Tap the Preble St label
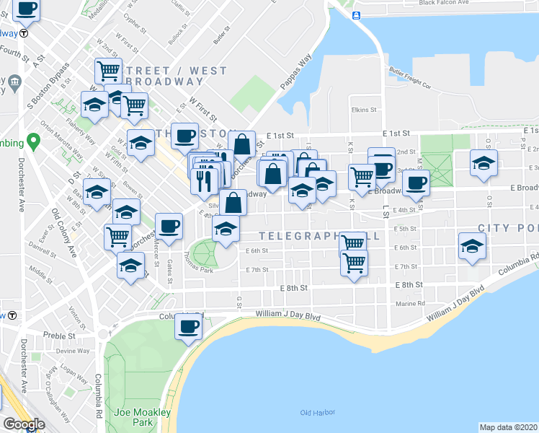pos(59,336)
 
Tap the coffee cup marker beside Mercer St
pos(169,227)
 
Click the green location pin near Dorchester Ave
pos(32,140)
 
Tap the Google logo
pos(24,424)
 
